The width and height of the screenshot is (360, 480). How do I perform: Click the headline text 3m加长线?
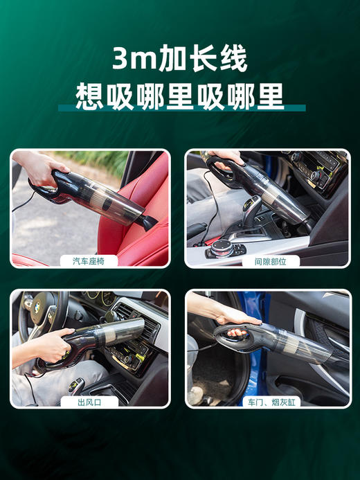coord(179,60)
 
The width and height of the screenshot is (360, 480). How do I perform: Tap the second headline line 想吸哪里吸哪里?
coord(180,96)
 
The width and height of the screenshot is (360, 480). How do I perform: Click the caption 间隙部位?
coord(267,261)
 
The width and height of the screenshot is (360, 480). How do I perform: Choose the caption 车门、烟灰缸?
coord(267,401)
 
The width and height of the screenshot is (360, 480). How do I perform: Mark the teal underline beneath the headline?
coord(180,108)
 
